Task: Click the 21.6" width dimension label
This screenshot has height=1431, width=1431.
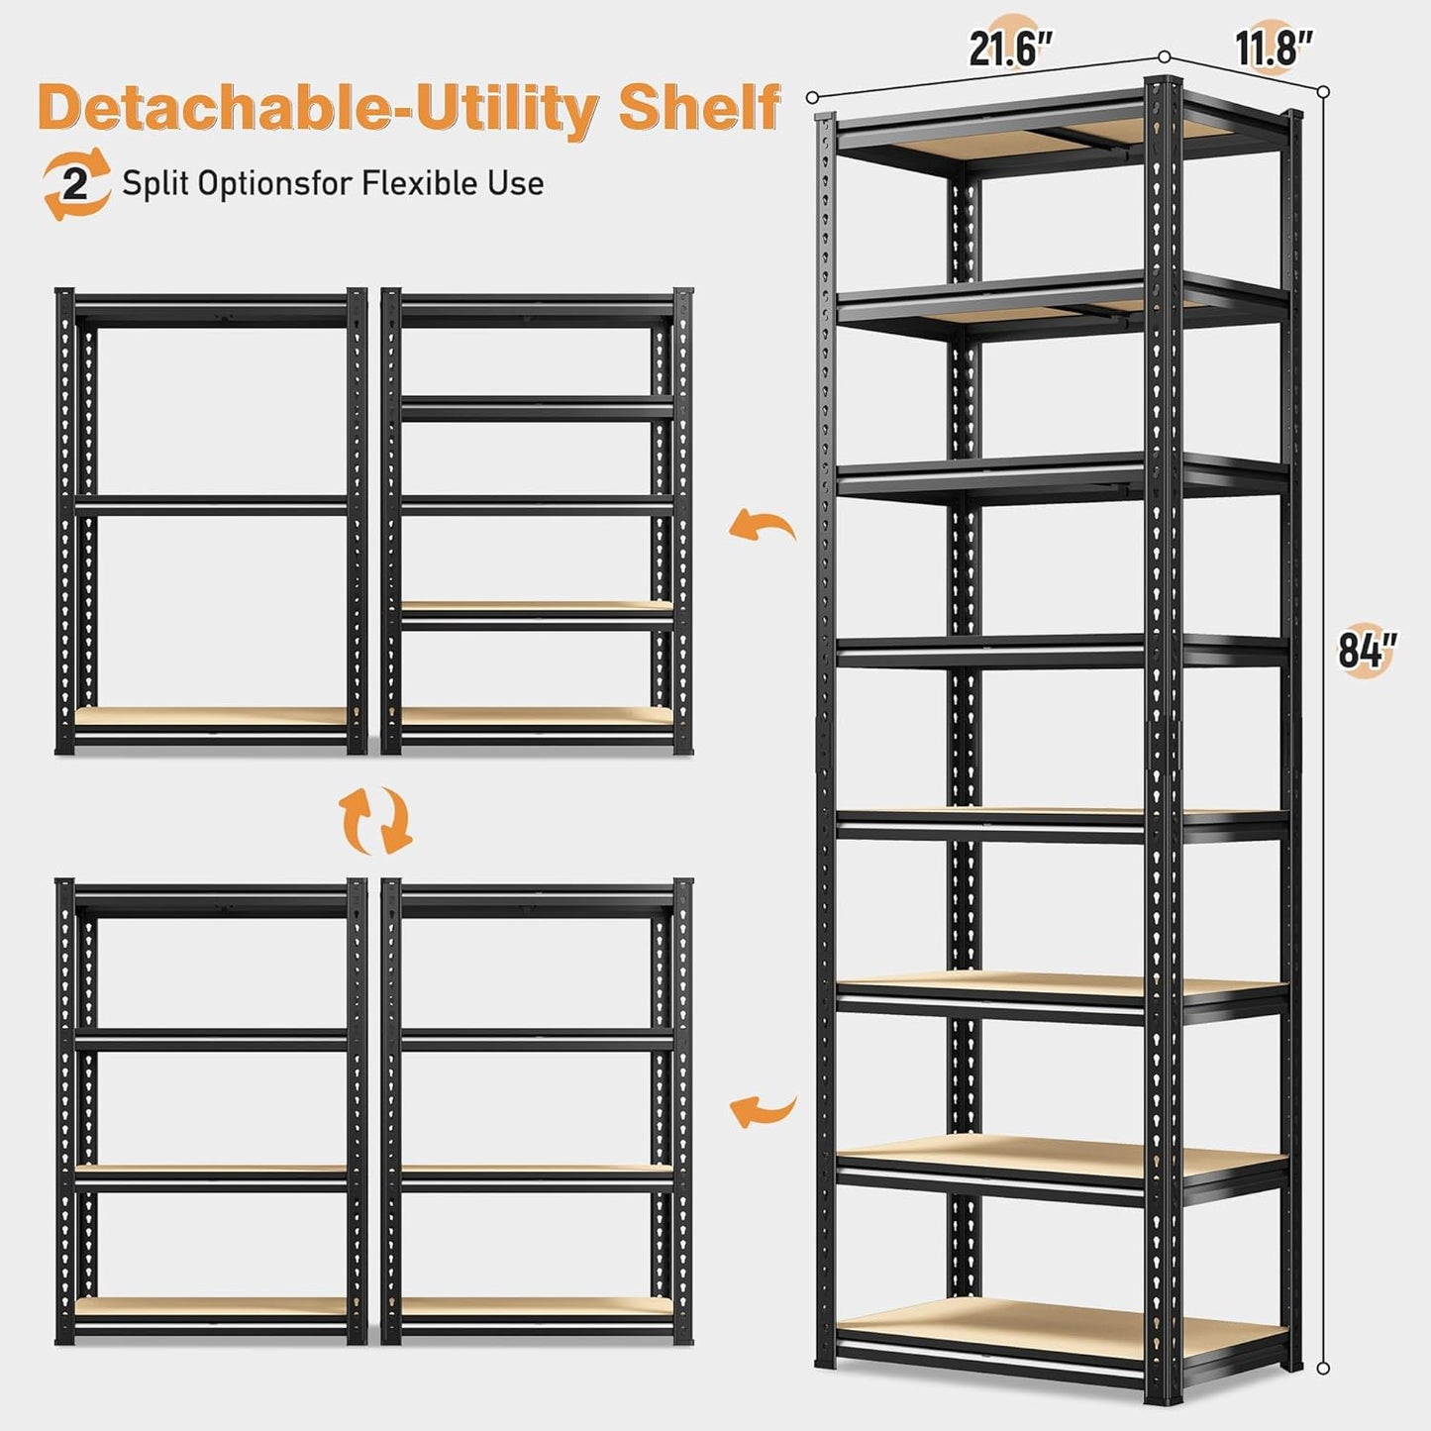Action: click(1010, 49)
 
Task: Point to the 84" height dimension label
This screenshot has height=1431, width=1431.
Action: click(1367, 651)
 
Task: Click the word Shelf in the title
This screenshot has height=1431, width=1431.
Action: click(699, 108)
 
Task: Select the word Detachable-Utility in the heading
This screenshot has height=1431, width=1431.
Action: click(318, 108)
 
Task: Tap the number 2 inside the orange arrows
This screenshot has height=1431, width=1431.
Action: click(75, 184)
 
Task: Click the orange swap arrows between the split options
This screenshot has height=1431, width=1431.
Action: click(376, 820)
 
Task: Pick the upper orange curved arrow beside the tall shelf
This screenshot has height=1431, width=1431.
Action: click(763, 526)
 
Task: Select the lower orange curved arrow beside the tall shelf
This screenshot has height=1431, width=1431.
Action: click(763, 1111)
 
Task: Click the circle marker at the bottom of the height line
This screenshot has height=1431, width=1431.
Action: click(1323, 1368)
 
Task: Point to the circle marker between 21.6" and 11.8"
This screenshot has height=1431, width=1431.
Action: click(1165, 57)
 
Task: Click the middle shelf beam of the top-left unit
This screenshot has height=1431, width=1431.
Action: click(211, 506)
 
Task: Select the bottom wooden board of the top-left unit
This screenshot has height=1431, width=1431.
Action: click(211, 716)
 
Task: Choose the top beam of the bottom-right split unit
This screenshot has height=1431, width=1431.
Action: click(537, 899)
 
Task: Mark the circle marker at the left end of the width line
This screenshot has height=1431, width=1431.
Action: click(812, 97)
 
